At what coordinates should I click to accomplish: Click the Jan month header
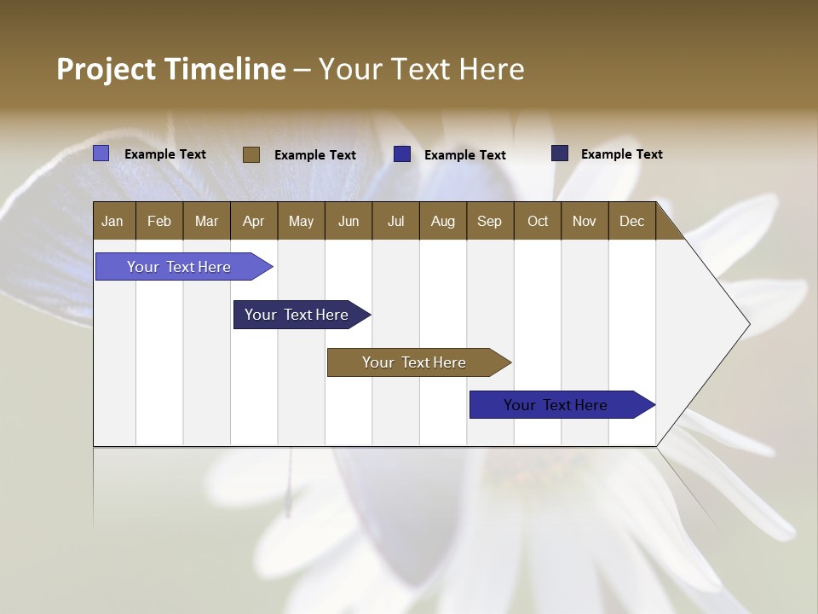[x=112, y=221]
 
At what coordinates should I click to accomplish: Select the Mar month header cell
[x=206, y=221]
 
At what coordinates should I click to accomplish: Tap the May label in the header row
[x=301, y=221]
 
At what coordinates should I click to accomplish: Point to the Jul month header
[x=395, y=221]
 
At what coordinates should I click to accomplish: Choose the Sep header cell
[x=489, y=221]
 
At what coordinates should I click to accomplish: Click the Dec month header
[x=631, y=221]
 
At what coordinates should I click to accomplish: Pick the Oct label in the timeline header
[x=538, y=221]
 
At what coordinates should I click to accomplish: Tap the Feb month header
[x=159, y=221]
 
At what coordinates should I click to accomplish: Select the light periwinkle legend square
[x=101, y=153]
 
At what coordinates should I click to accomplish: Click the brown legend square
[x=251, y=154]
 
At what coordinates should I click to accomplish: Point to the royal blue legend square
[x=402, y=154]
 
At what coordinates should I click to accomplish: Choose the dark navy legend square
[x=559, y=153]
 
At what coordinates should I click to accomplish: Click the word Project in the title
[x=107, y=69]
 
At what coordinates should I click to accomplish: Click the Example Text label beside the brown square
[x=314, y=155]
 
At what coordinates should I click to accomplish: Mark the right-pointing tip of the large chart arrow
[x=748, y=324]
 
